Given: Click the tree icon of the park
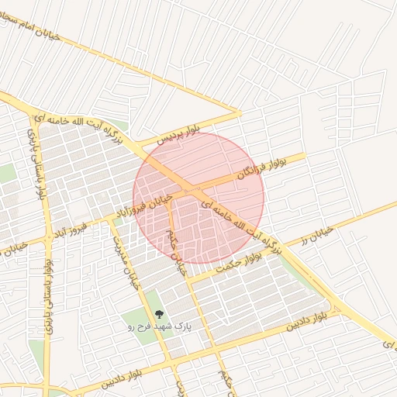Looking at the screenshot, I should click(x=158, y=315).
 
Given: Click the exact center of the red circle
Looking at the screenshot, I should click(x=198, y=197).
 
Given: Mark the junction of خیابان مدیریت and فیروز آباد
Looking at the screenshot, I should click(x=112, y=222).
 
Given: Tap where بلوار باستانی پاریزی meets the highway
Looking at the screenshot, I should click(x=30, y=106).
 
